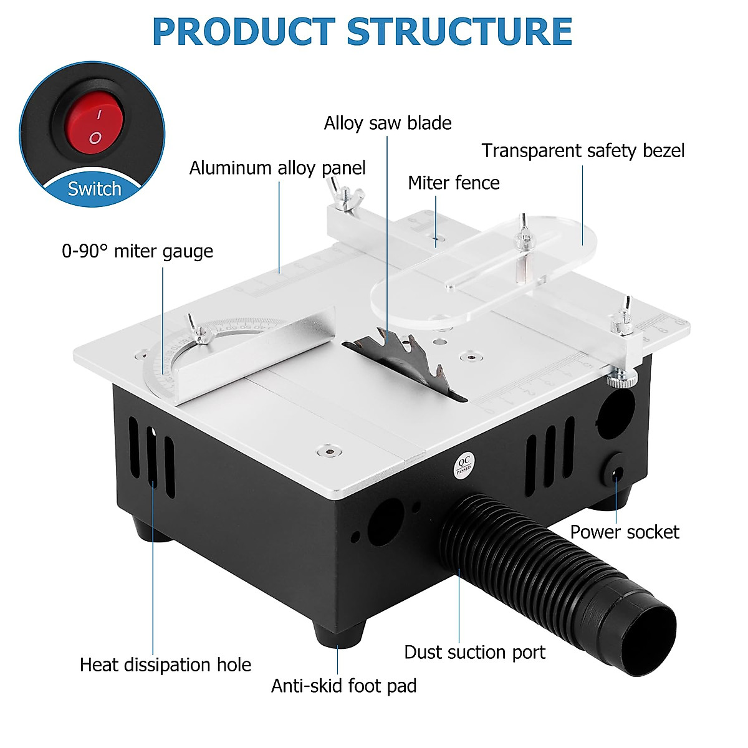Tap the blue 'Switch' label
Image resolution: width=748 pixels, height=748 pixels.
click(94, 189)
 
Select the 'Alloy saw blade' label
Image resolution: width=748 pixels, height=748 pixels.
click(387, 123)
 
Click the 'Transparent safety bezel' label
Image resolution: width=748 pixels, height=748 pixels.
click(583, 151)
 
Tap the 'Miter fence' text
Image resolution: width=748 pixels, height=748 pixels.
click(453, 183)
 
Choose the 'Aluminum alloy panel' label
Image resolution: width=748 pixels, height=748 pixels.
click(277, 168)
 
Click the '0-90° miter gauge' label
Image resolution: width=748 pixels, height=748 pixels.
click(137, 251)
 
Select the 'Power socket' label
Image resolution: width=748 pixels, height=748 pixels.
click(624, 532)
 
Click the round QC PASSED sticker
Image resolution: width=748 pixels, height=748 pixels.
click(463, 465)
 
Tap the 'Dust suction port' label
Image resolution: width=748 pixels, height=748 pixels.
click(474, 652)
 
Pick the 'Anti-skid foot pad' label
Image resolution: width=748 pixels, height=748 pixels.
click(343, 686)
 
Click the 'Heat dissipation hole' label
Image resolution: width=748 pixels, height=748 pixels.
click(165, 664)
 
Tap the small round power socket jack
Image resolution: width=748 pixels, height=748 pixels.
click(616, 473)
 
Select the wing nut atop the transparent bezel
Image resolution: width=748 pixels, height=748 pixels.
click(524, 234)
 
